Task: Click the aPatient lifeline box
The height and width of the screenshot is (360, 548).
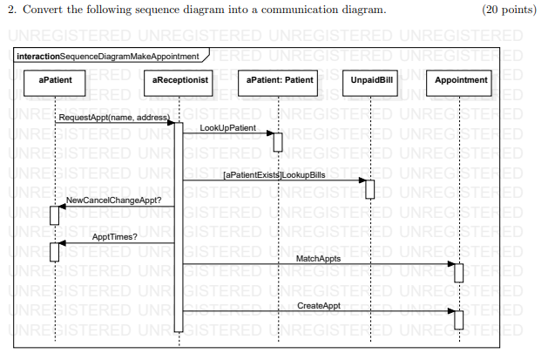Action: click(x=55, y=80)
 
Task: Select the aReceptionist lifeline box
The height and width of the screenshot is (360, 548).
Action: click(x=179, y=80)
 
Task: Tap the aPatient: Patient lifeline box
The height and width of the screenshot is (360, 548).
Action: click(x=280, y=80)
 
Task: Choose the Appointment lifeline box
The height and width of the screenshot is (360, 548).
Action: click(x=460, y=80)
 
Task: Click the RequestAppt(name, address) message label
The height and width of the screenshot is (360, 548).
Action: click(x=112, y=117)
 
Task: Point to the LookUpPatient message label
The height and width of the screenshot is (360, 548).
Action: click(x=227, y=128)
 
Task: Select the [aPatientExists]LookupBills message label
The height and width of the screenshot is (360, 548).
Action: click(x=274, y=175)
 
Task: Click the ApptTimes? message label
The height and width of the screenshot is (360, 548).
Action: click(x=113, y=236)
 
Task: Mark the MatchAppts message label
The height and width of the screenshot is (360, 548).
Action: click(x=318, y=259)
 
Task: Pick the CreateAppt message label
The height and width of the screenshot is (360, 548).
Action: click(x=319, y=306)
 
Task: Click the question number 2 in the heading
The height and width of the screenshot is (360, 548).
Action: click(x=10, y=10)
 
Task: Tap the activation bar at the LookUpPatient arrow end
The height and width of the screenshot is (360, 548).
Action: click(x=280, y=141)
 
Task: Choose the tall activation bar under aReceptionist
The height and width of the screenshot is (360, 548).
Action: click(x=179, y=227)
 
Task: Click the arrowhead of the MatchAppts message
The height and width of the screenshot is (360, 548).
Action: click(x=450, y=264)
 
